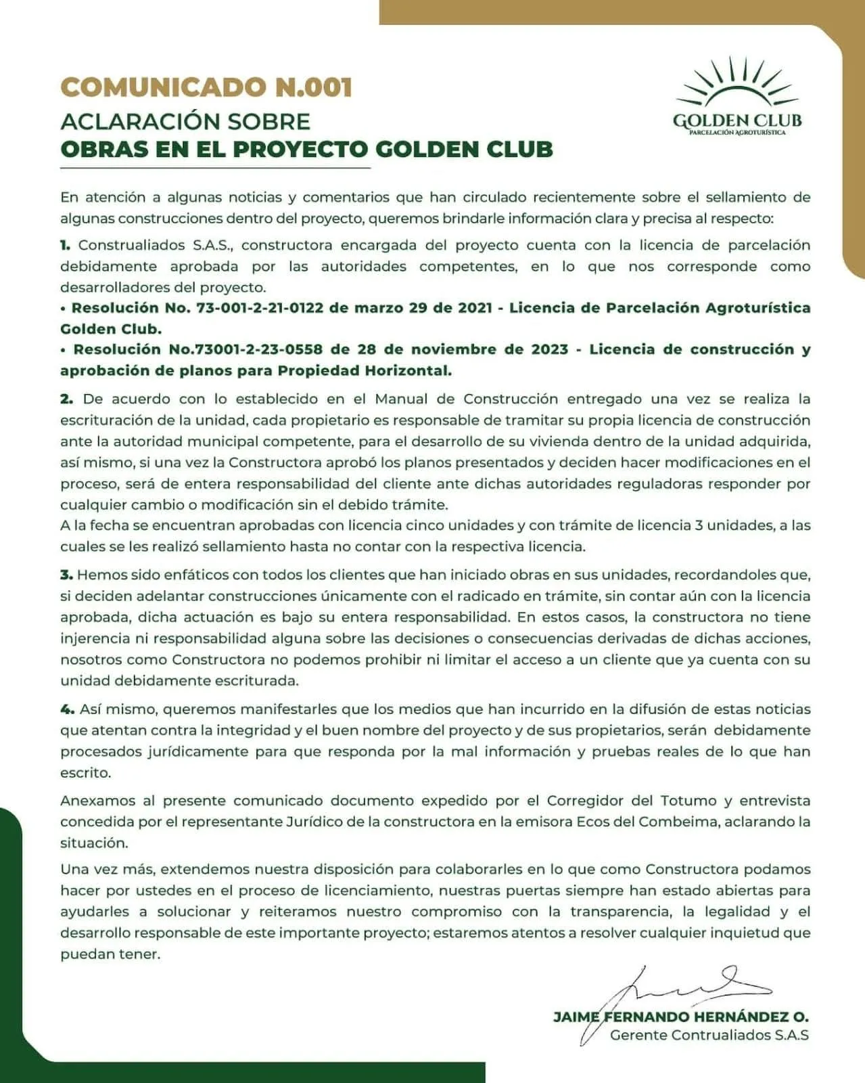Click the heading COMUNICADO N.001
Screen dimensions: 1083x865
pos(206,87)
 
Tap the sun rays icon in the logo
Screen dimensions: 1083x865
pos(737,85)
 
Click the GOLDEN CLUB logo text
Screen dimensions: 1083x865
pos(737,120)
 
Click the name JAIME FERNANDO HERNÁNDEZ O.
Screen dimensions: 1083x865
pos(680,1017)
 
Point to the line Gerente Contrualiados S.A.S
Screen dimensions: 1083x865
pos(709,1035)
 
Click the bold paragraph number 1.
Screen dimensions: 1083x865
pos(65,245)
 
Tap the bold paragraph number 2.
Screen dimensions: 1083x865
pos(66,399)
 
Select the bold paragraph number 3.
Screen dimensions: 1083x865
pos(66,575)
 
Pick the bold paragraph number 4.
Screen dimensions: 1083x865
pos(67,709)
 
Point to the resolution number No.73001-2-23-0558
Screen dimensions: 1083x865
pos(237,350)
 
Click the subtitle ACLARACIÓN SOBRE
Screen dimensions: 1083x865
pos(185,121)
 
